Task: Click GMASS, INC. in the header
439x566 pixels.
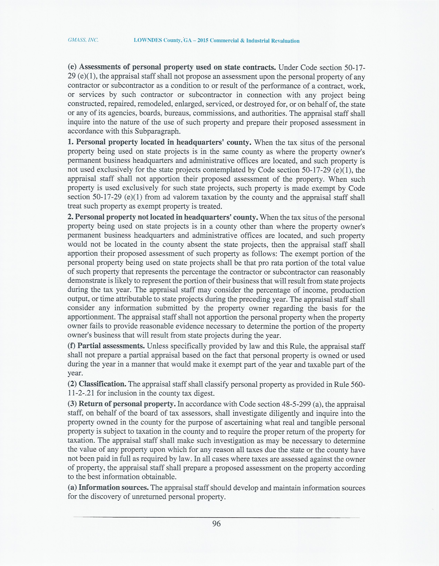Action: (x=83, y=40)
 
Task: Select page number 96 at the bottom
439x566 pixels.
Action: (x=216, y=524)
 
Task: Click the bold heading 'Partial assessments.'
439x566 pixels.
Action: (x=111, y=346)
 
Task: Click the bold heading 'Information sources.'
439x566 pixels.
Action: (x=114, y=487)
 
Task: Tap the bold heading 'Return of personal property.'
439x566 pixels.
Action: (x=127, y=404)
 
